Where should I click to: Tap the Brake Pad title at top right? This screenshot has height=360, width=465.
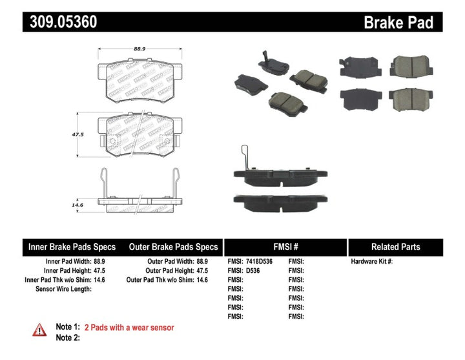click(x=398, y=23)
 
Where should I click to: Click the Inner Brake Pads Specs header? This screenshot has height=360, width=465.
click(x=72, y=247)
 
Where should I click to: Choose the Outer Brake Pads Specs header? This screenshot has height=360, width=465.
click(x=174, y=247)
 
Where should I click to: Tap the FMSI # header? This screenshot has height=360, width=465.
click(x=285, y=247)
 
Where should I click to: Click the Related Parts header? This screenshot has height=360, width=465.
click(x=395, y=247)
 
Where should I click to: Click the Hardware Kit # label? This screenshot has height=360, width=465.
click(x=371, y=262)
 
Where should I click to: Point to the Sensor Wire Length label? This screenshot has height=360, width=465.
click(x=63, y=289)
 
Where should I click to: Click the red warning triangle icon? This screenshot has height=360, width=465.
click(x=39, y=330)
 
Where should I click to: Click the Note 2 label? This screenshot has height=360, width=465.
click(x=68, y=337)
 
